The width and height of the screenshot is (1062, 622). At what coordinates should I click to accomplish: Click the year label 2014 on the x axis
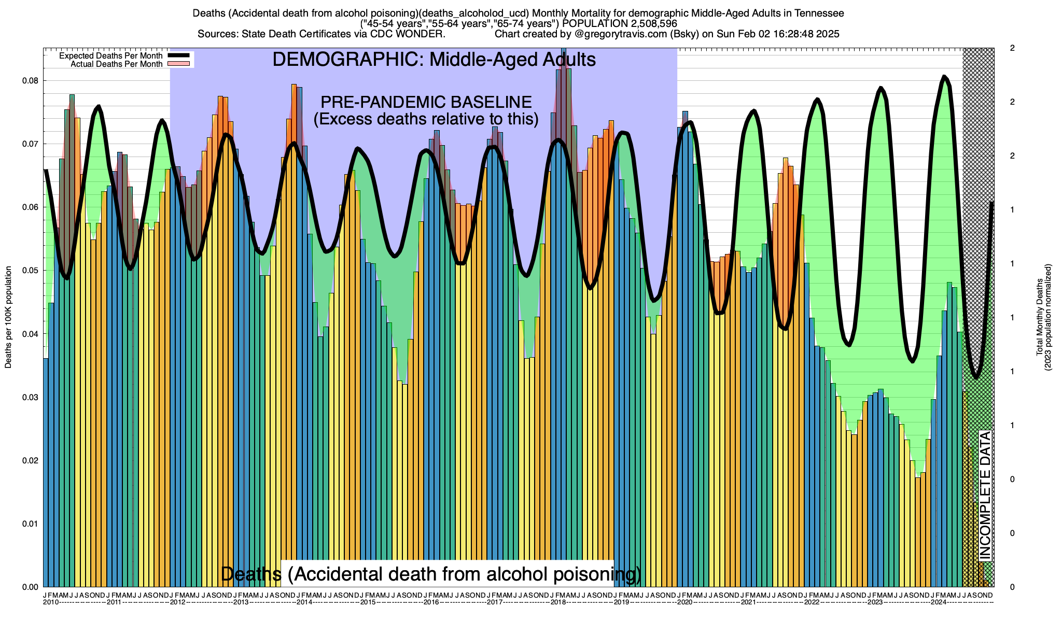pyautogui.click(x=304, y=602)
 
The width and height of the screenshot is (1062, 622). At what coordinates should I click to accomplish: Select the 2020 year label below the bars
pyautogui.click(x=684, y=602)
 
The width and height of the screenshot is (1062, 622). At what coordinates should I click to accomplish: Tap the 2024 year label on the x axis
pyautogui.click(x=939, y=602)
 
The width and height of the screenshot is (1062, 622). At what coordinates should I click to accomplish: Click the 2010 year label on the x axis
pyautogui.click(x=51, y=602)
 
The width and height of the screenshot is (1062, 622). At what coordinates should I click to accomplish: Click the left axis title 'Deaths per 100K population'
pyautogui.click(x=8, y=317)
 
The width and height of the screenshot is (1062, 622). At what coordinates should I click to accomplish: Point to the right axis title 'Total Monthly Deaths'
pyautogui.click(x=1040, y=317)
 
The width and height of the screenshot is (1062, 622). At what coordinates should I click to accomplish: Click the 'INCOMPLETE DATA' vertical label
pyautogui.click(x=985, y=495)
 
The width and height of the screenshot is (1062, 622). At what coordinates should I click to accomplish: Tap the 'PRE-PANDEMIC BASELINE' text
pyautogui.click(x=426, y=102)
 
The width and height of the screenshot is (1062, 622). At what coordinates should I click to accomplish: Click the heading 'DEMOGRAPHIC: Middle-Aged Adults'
pyautogui.click(x=434, y=60)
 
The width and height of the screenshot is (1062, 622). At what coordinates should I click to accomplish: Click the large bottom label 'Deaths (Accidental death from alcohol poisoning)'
pyautogui.click(x=431, y=574)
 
